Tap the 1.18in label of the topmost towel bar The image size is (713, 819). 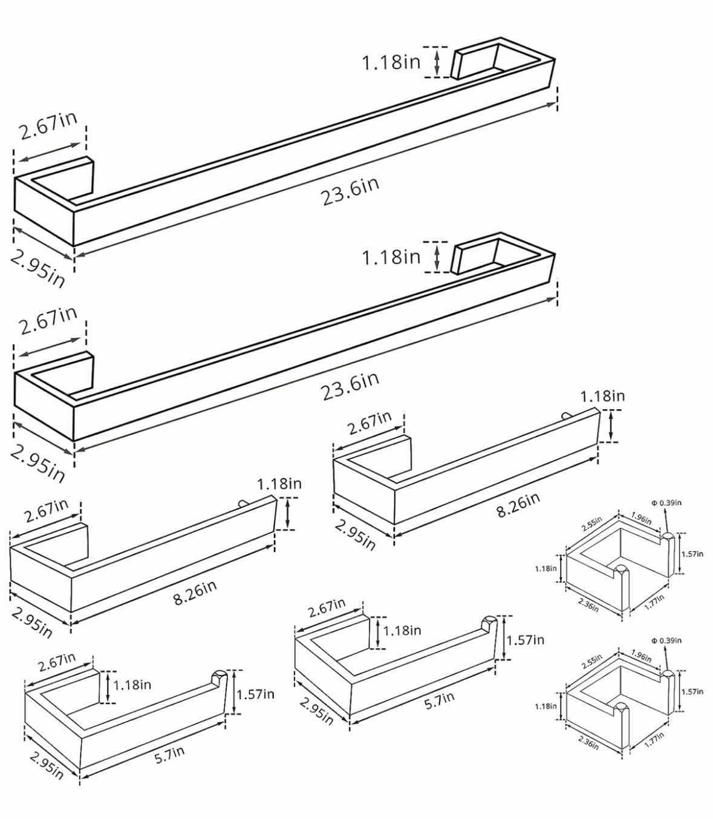(391, 63)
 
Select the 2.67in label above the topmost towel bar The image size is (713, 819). (48, 126)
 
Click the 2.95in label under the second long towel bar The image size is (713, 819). (37, 464)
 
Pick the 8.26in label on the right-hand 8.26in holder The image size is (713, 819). (518, 504)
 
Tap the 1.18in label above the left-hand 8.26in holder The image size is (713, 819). (279, 484)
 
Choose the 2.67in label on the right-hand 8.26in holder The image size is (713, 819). (370, 423)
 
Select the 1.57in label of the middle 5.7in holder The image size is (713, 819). (526, 640)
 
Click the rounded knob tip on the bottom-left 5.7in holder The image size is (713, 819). (219, 677)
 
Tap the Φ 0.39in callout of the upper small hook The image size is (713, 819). (666, 503)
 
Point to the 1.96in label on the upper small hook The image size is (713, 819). (641, 518)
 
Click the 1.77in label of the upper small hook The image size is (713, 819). (654, 602)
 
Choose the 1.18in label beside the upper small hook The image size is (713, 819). (546, 568)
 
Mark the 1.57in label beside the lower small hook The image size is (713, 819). (692, 691)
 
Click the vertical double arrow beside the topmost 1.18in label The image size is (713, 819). (437, 62)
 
